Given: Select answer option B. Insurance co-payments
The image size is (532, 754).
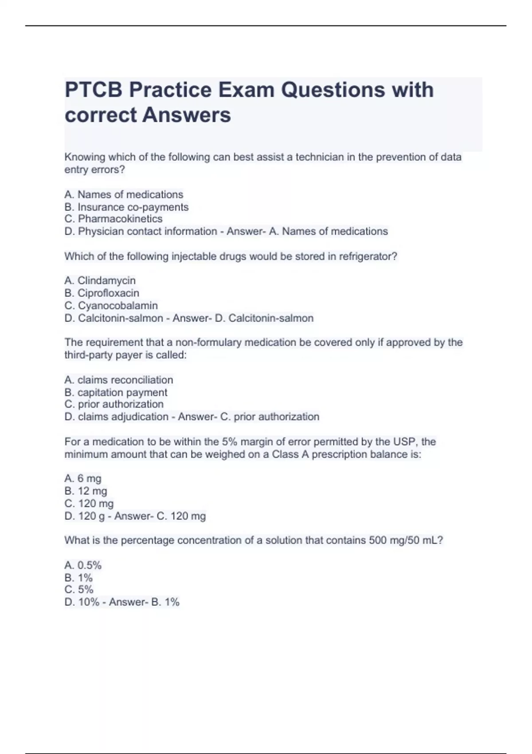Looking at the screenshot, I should click(126, 207).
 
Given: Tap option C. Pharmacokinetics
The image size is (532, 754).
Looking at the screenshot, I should click(113, 219).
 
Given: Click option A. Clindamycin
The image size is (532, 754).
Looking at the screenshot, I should click(100, 280).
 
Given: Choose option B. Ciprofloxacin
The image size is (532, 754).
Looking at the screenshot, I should click(102, 293).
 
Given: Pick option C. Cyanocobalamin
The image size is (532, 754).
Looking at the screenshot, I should click(111, 306).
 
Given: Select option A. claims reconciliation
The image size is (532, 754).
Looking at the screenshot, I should click(118, 380).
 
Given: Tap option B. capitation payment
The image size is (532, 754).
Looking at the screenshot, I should click(116, 393).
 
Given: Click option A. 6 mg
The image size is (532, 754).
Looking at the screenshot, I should click(83, 478).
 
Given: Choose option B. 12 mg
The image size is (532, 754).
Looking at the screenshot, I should click(86, 491).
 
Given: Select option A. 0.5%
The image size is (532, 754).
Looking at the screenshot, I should click(83, 565).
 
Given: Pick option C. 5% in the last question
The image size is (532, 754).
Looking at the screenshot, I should click(79, 589).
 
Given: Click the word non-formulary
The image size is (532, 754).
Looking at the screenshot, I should click(208, 342).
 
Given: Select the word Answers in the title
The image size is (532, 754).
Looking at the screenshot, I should click(187, 115).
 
